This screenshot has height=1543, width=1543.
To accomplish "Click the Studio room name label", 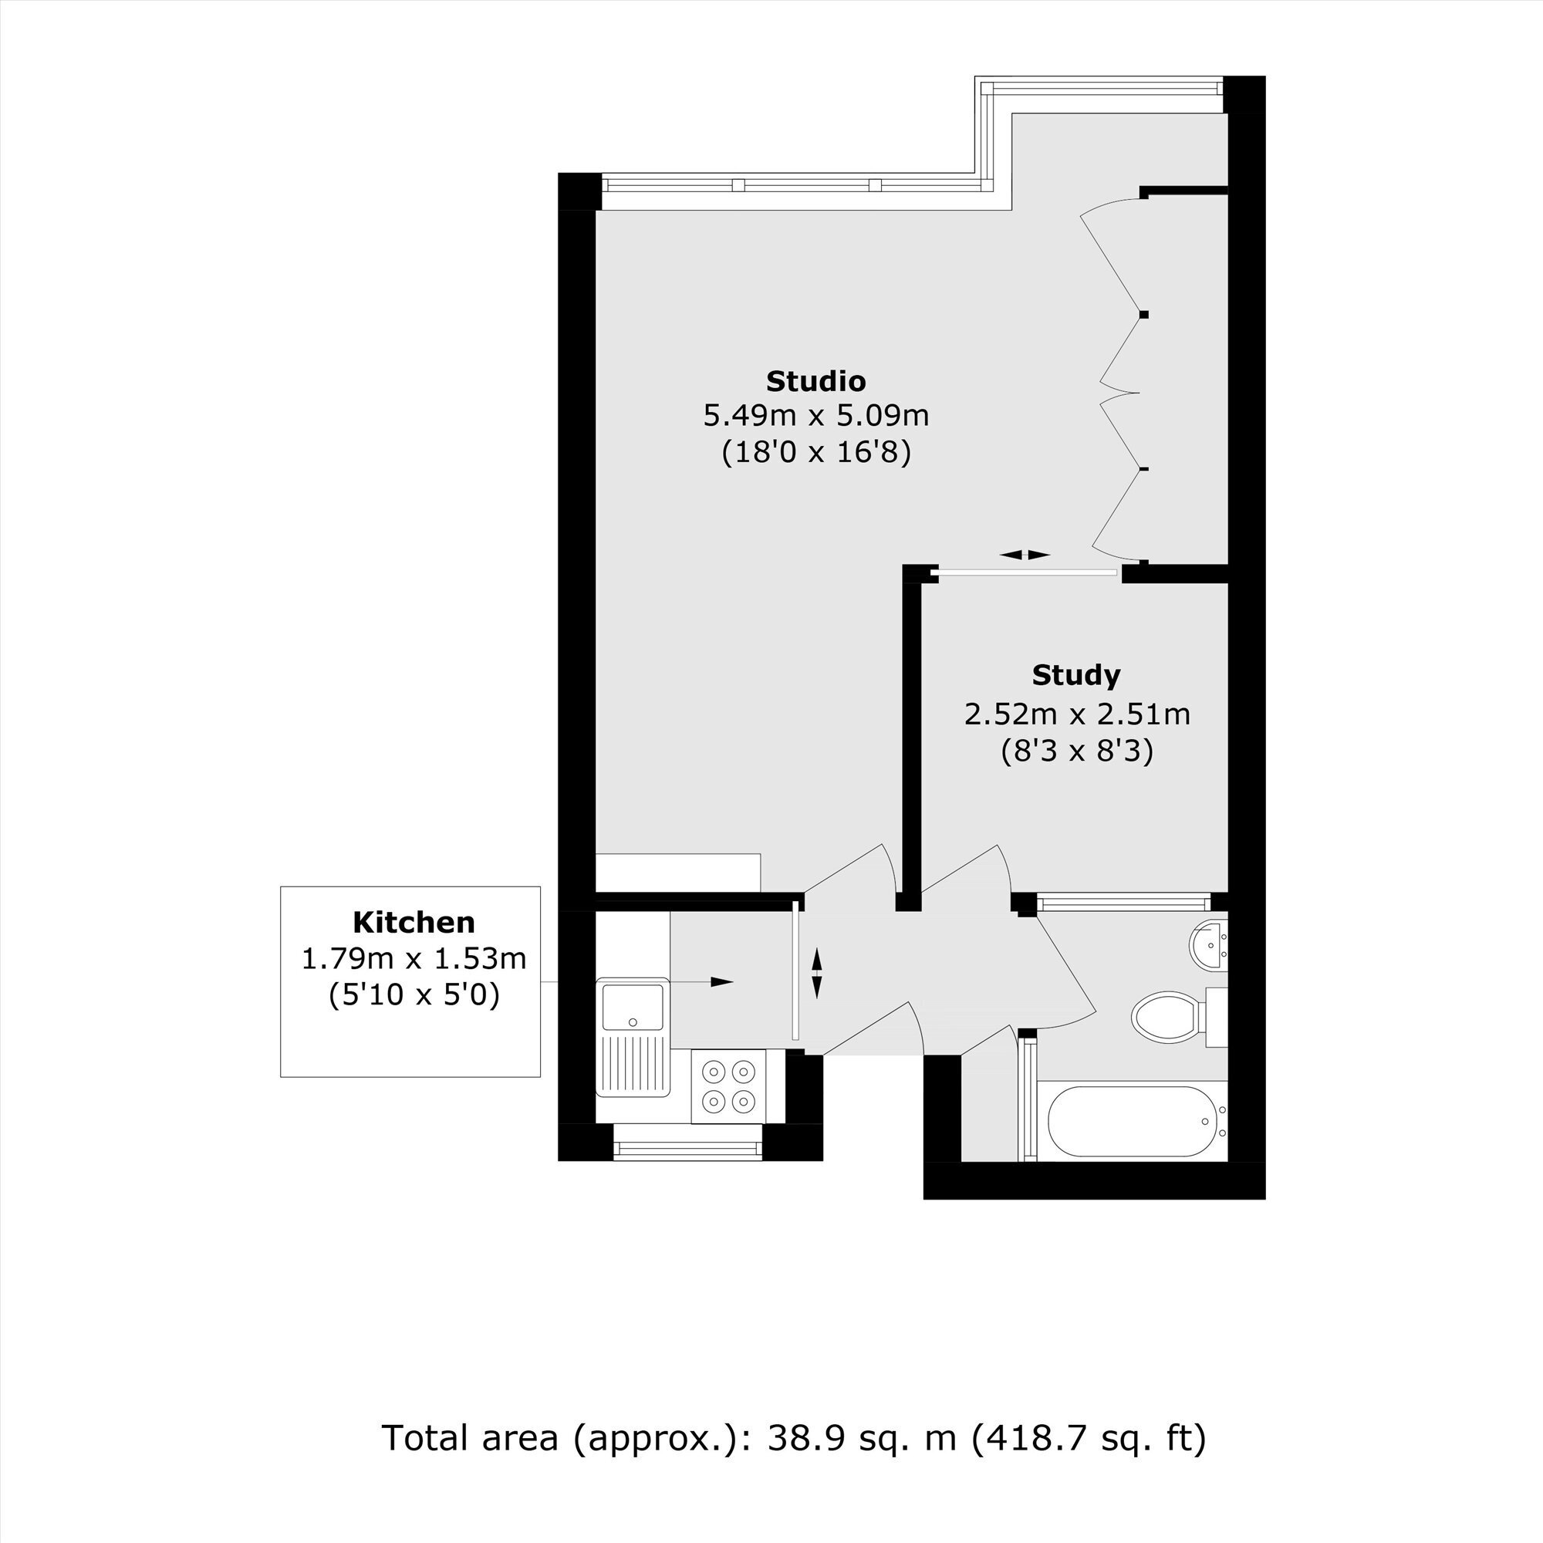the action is point(815,381).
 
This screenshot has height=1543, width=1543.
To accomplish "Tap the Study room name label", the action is point(1075,675).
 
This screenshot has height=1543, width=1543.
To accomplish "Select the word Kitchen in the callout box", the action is point(414,923).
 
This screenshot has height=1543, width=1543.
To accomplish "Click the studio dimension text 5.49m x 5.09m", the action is point(815,416).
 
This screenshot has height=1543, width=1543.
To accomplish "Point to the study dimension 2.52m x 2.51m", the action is point(1076,714).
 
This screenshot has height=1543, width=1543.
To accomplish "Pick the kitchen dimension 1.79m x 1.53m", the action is point(414,958).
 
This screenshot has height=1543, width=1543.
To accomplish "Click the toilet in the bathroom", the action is point(1179,1017).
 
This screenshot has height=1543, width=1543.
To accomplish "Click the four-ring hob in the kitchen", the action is point(728,1086).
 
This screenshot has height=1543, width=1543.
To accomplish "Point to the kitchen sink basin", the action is point(633,1007).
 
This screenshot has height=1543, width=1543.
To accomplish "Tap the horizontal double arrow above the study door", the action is point(1024,555).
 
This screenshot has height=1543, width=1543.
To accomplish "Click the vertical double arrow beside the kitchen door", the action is point(816,974).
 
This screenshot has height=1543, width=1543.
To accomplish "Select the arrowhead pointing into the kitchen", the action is point(722,981).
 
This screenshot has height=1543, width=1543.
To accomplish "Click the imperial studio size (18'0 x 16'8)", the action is point(816,453).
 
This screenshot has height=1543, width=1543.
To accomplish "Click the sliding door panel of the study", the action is point(1028,572).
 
